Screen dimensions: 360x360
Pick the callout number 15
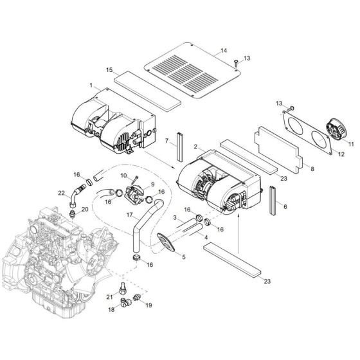(109, 69)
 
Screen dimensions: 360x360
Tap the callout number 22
(62, 193)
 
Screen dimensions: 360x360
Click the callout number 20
(85, 209)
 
